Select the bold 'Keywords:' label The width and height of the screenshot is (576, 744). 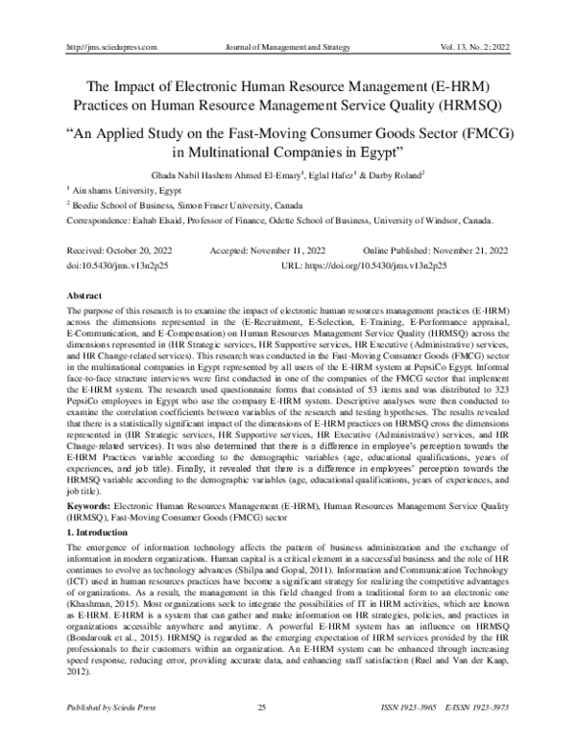click(x=86, y=503)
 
